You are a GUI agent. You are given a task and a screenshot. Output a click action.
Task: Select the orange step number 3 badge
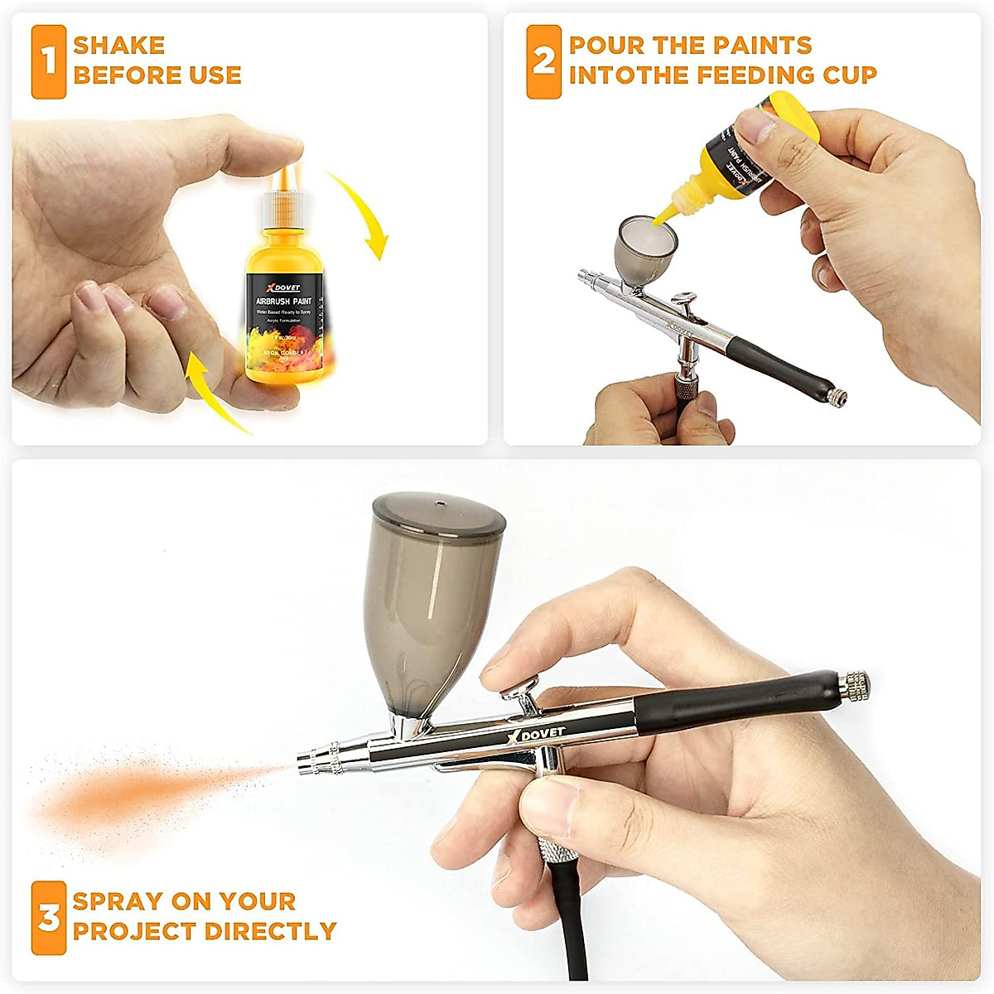coord(49,918)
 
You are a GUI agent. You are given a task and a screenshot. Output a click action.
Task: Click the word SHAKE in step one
coord(119,46)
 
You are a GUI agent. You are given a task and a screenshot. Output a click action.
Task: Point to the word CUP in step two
coord(849,75)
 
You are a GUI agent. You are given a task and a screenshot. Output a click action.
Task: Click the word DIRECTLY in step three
coord(269,931)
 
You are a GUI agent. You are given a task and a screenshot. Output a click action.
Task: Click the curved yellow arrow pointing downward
coord(364,215)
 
